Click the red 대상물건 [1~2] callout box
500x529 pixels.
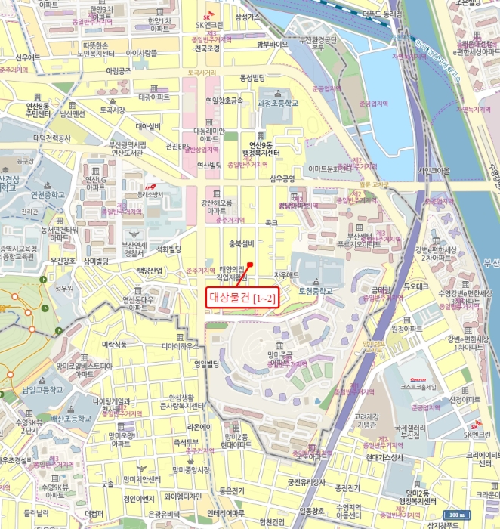[x=243, y=298]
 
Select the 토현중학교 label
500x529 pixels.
[x=316, y=290]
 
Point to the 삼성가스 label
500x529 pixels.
[x=248, y=16]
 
